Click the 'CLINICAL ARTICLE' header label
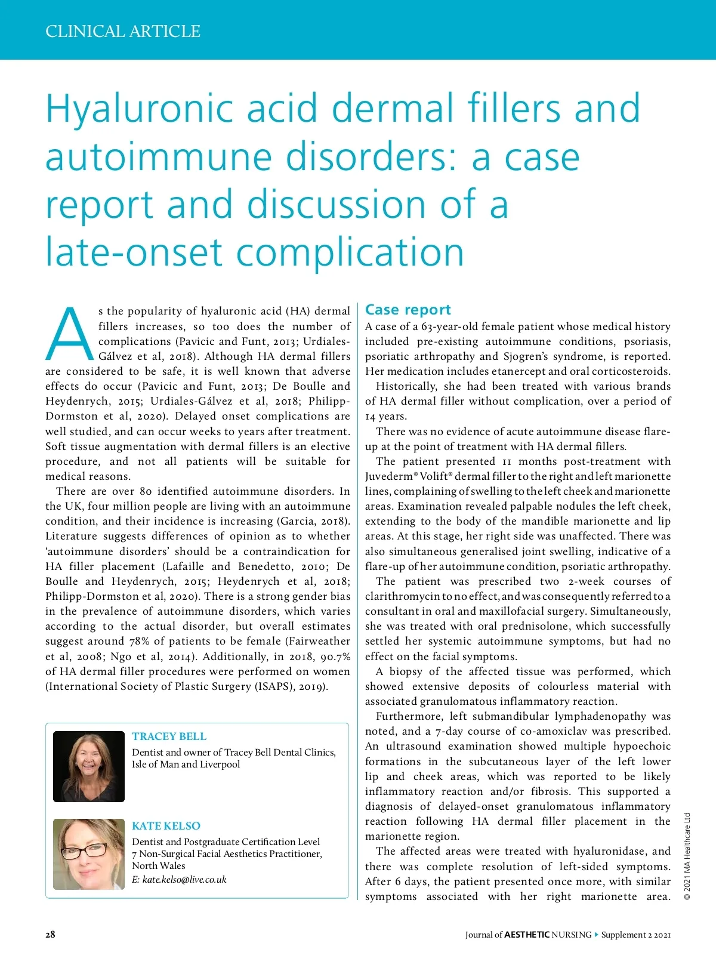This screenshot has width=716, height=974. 123,31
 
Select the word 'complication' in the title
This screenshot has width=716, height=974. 350,252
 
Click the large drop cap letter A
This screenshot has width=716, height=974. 70,335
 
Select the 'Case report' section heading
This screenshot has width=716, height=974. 408,310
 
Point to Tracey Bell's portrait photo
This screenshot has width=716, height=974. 89,766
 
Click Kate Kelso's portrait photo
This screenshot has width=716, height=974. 89,854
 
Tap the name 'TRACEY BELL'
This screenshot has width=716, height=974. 169,736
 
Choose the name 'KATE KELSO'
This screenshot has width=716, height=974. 166,826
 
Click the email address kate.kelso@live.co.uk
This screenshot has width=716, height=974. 184,880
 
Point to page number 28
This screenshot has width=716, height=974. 50,935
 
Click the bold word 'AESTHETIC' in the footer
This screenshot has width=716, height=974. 526,935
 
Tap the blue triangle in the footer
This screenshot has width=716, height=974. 596,935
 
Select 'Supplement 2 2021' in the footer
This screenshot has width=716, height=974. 636,935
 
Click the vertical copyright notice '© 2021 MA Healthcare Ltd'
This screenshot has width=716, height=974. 687,856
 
